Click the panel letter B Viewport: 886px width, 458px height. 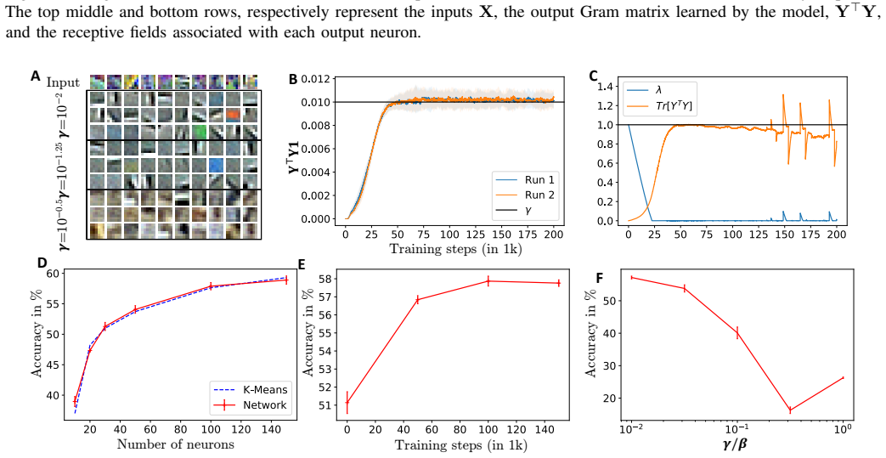(x=293, y=79)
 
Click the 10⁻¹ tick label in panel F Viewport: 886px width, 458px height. (x=735, y=429)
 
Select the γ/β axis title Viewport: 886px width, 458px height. (x=735, y=445)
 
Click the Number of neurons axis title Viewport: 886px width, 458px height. (x=175, y=444)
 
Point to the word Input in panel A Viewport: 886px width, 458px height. (x=63, y=82)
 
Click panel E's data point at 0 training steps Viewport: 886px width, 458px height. (x=347, y=403)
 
